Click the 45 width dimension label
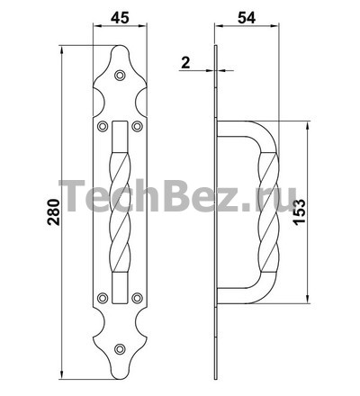(120, 18)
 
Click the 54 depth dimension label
(247, 18)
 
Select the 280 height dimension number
(54, 211)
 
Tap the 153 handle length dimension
(300, 211)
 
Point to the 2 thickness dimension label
(186, 63)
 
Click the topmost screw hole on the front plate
(120, 76)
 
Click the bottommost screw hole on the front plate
(120, 348)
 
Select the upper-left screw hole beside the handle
(103, 126)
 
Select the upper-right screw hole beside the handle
(137, 126)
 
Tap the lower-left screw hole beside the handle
(103, 298)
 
